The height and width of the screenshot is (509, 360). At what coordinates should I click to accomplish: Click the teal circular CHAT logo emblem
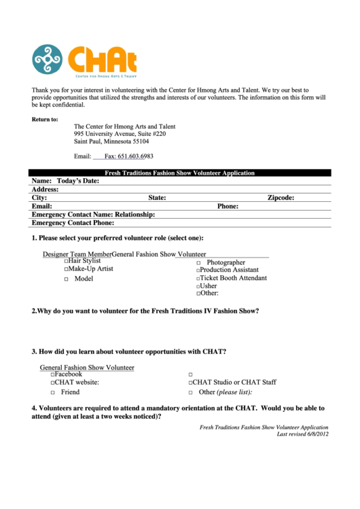tap(47, 59)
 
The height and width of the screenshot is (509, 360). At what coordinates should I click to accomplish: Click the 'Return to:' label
tap(45, 120)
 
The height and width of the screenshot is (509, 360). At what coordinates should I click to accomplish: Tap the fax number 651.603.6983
tap(128, 156)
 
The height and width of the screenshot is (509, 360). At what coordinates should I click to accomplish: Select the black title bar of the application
tap(179, 173)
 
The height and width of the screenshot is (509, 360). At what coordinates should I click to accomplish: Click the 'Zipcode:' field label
tap(281, 198)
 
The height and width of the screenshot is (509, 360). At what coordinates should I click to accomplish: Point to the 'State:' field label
tap(157, 198)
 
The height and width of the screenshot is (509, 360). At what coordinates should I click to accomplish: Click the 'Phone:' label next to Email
tap(228, 206)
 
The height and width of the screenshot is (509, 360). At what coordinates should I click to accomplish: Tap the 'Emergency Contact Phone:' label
tap(73, 222)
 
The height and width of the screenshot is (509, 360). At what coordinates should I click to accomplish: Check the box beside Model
tap(66, 279)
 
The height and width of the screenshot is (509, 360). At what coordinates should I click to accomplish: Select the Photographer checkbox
tap(198, 263)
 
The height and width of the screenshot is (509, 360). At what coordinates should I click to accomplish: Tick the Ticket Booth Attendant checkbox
tap(198, 279)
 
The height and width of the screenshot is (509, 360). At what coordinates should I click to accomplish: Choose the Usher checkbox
tap(198, 287)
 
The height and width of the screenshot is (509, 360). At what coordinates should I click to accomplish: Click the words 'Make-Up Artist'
tap(90, 269)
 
